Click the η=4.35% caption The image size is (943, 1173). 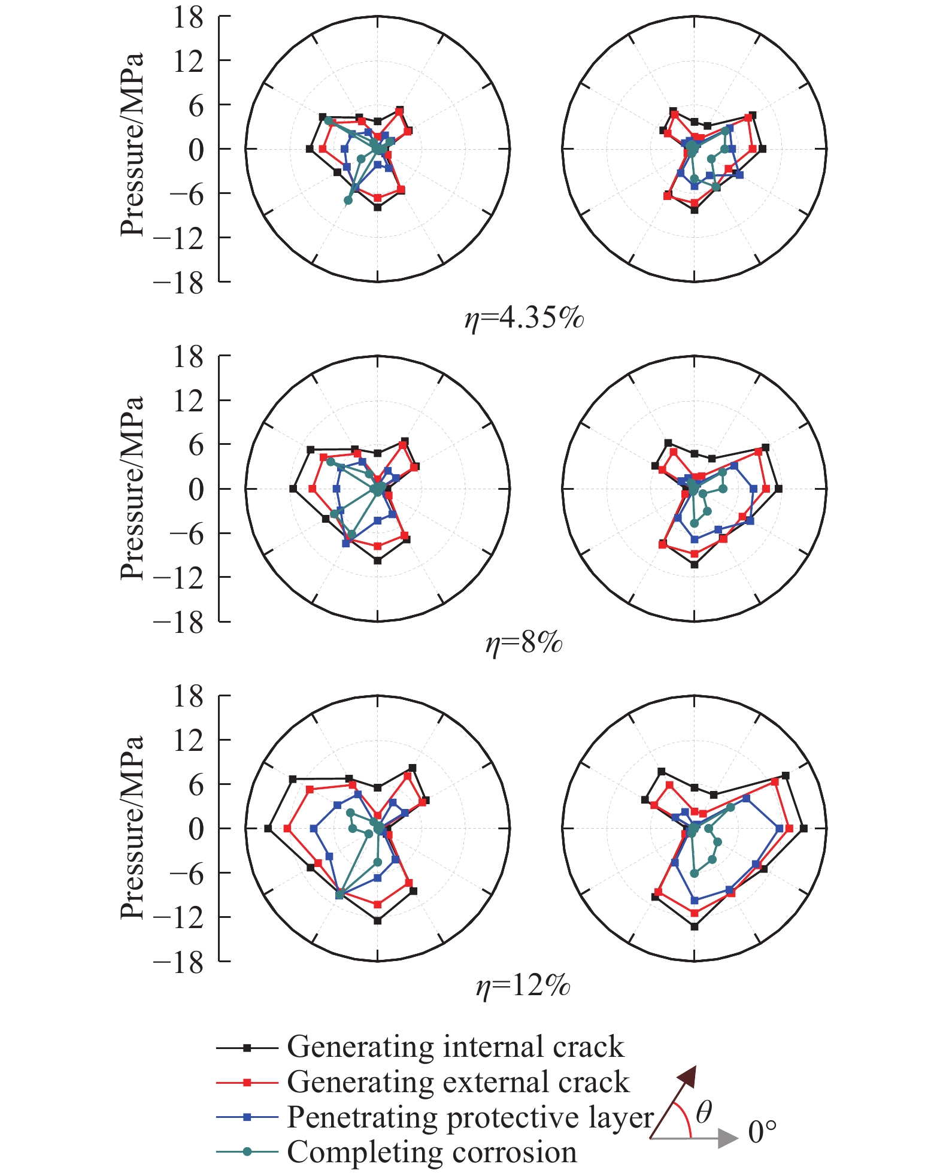(524, 317)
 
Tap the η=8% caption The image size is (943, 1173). (524, 643)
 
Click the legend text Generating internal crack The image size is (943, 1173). (455, 1047)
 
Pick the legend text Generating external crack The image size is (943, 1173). (458, 1082)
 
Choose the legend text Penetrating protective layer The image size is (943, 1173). (470, 1117)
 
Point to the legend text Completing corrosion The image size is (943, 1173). (432, 1152)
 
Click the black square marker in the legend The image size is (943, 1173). (247, 1048)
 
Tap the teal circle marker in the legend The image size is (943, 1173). (247, 1152)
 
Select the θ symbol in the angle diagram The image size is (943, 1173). (704, 1112)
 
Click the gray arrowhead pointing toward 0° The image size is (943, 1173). (728, 1138)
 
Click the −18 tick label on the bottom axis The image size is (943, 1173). (179, 962)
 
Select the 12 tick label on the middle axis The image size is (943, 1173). (189, 401)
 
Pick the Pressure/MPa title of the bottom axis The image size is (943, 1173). (132, 827)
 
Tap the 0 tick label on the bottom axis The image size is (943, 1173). (196, 829)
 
